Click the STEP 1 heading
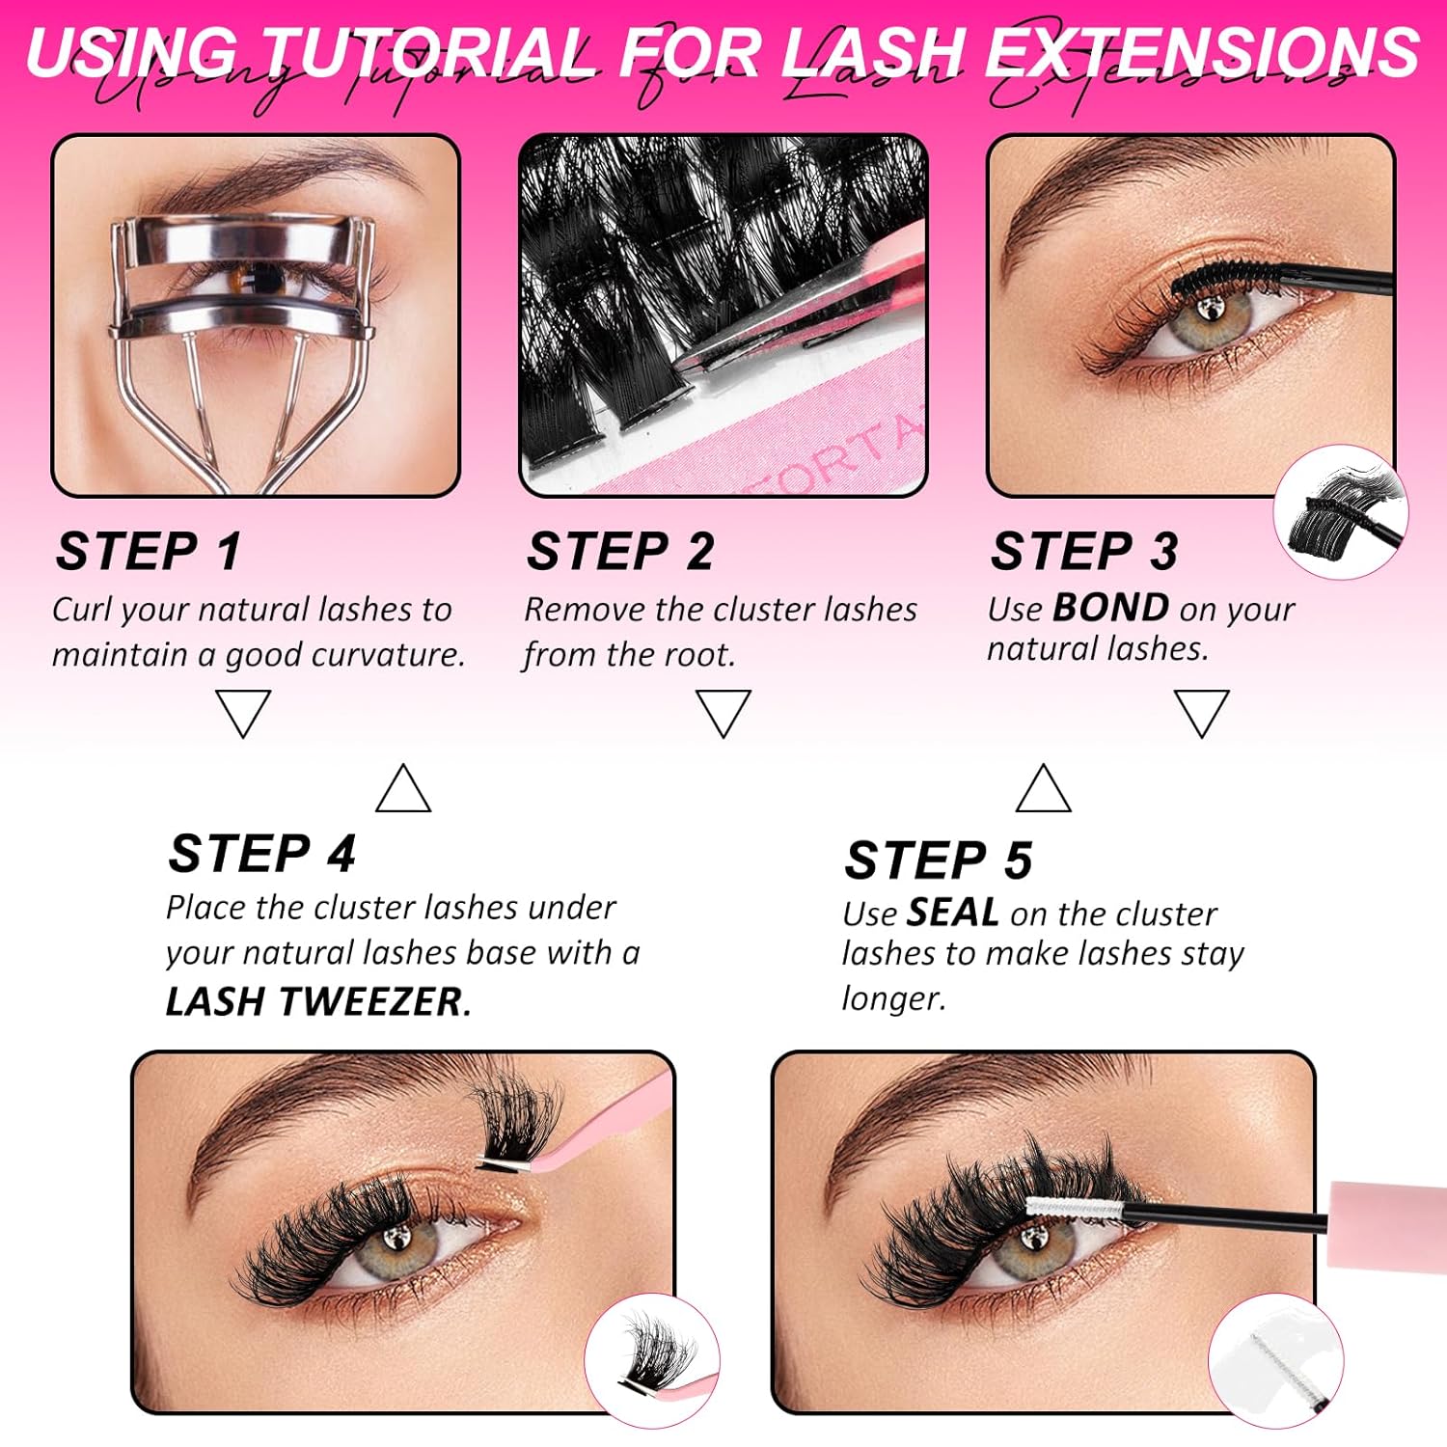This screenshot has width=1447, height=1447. coord(148,552)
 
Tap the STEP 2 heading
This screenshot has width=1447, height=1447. coord(620,552)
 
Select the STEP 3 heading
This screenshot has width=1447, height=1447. coord(1084,552)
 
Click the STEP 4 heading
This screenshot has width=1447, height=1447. coord(261,854)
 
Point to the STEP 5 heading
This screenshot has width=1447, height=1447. coord(938,860)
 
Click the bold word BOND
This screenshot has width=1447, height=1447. coord(1110,608)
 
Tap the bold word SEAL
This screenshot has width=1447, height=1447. coord(953,913)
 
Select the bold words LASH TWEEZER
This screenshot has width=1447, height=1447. coord(317,1002)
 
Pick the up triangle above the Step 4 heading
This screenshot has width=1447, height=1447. coord(403,789)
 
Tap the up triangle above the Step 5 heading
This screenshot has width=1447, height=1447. coord(1044,789)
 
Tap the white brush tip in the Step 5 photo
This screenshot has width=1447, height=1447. coord(1071,1207)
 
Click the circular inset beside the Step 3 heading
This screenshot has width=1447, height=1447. coord(1341,512)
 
